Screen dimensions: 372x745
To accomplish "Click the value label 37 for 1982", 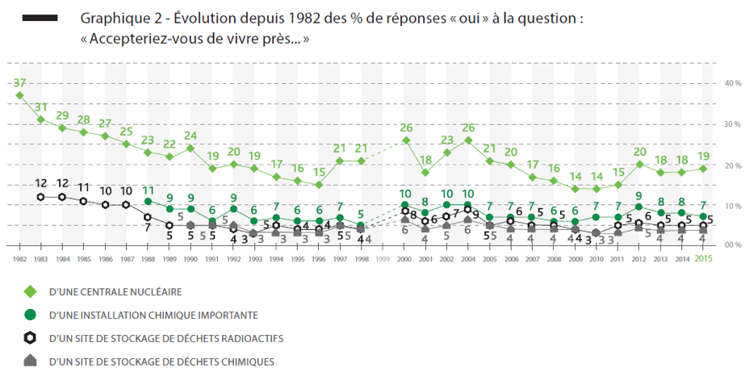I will click(20, 82).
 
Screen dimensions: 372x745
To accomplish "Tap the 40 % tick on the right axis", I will click(731, 83).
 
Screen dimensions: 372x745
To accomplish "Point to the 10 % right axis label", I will click(731, 206).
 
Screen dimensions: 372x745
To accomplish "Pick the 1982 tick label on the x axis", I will click(19, 258).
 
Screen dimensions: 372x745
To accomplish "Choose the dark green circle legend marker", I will click(29, 315).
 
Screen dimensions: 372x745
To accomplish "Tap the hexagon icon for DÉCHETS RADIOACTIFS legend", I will click(29, 338).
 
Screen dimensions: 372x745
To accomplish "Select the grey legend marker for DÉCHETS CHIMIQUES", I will click(29, 361).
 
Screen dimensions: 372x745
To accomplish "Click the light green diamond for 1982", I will click(19, 95).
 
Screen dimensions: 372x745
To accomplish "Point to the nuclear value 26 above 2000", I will click(406, 127).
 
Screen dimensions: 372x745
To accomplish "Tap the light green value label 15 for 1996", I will click(320, 172).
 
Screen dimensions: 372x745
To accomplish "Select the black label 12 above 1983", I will click(41, 183).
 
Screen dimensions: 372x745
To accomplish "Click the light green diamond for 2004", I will click(467, 140).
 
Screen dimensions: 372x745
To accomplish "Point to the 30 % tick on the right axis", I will click(731, 124).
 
